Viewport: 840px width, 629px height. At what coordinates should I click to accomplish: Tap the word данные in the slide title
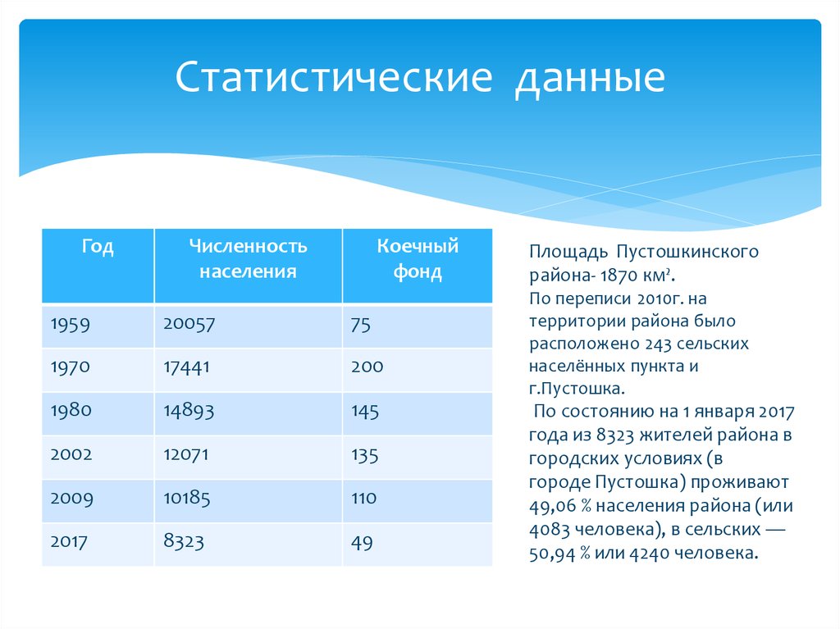tap(590, 80)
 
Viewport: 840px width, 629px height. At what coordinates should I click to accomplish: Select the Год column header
tap(97, 247)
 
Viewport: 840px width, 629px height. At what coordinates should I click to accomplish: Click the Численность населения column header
tap(248, 258)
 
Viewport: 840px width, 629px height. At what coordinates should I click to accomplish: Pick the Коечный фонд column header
tap(417, 258)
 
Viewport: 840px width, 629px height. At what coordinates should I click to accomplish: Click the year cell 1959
tap(72, 324)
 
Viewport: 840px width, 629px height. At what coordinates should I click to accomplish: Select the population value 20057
tap(189, 324)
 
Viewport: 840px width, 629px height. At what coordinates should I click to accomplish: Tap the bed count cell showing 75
tap(361, 324)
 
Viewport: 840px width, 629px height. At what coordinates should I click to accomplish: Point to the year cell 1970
tap(71, 367)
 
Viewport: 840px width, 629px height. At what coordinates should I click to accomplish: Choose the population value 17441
tap(187, 367)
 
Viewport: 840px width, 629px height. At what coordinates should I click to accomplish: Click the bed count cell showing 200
tap(367, 367)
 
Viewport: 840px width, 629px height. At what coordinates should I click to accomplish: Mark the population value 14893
tap(189, 411)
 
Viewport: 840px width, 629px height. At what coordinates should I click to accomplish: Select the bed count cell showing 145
tap(365, 411)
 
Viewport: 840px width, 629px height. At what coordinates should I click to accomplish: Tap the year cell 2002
tap(72, 454)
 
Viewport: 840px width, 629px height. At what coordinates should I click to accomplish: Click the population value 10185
tap(188, 498)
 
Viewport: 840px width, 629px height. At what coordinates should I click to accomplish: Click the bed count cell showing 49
tap(362, 541)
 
